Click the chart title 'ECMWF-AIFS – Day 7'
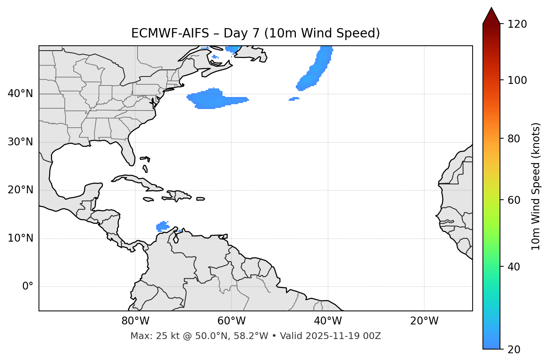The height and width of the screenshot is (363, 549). pyautogui.click(x=255, y=33)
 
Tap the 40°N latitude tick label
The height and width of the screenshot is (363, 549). pyautogui.click(x=20, y=94)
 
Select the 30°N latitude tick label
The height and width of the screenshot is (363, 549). pyautogui.click(x=20, y=142)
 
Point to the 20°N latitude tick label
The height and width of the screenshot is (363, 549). pyautogui.click(x=20, y=190)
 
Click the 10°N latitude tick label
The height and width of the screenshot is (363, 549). pyautogui.click(x=20, y=238)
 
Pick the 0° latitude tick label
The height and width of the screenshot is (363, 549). pyautogui.click(x=28, y=287)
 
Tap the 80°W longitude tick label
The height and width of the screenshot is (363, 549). pyautogui.click(x=135, y=321)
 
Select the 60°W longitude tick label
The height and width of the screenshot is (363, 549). pyautogui.click(x=231, y=321)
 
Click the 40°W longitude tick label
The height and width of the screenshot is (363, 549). pyautogui.click(x=328, y=321)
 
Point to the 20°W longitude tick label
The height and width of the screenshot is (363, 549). pyautogui.click(x=424, y=321)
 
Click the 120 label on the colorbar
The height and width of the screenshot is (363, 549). pyautogui.click(x=517, y=24)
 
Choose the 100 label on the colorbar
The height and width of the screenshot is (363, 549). pyautogui.click(x=517, y=80)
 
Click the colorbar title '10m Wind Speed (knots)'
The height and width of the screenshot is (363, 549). pyautogui.click(x=536, y=186)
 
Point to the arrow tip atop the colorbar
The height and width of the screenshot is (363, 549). pyautogui.click(x=491, y=8)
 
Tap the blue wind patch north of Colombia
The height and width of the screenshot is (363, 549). pyautogui.click(x=163, y=226)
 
